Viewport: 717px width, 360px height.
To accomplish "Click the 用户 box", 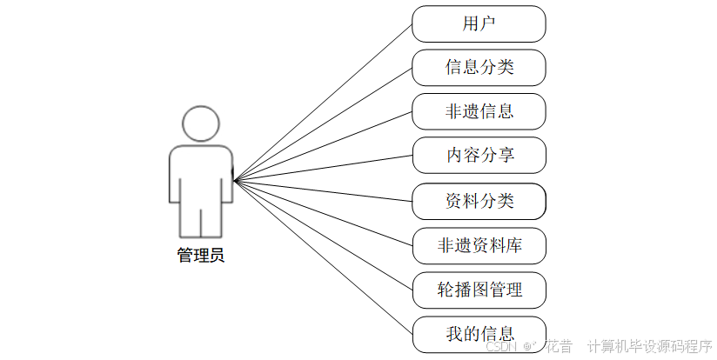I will [479, 23].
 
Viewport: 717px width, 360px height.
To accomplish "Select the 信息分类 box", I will [479, 67].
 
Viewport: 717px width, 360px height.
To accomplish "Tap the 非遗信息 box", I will [479, 110].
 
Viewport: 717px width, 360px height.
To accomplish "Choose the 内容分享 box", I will [479, 155].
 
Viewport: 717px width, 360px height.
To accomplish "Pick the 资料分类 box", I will [479, 201].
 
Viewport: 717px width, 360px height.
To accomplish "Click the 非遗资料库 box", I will [479, 245].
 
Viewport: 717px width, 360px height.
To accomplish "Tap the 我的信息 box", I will [479, 333].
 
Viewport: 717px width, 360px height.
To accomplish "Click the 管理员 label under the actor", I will [201, 256].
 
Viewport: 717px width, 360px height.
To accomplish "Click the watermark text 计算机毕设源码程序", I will [649, 346].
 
